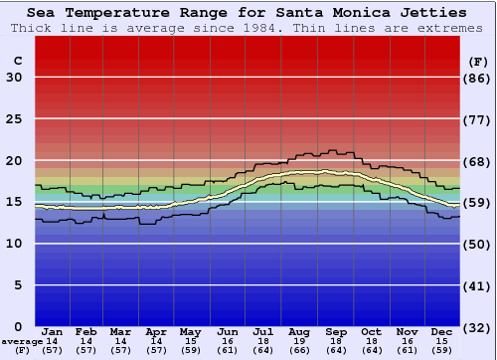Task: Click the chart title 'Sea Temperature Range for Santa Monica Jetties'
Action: [247, 13]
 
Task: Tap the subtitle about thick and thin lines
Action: [247, 27]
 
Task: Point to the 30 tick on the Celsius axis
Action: [14, 78]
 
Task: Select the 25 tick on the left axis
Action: [14, 119]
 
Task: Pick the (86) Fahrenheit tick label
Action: [478, 78]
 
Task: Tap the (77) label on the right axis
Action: [478, 119]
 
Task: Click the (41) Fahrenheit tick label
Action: [478, 285]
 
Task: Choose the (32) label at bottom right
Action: [478, 327]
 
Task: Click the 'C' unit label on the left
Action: [17, 61]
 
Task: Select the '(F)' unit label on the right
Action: [478, 61]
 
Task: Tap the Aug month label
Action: [298, 331]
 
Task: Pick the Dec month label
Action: [442, 331]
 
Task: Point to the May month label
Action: [190, 331]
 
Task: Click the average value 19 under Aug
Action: [298, 341]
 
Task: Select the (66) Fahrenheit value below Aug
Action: [298, 350]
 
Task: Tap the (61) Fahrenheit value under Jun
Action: [227, 350]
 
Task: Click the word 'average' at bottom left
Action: [22, 341]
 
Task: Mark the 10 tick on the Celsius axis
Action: [14, 244]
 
